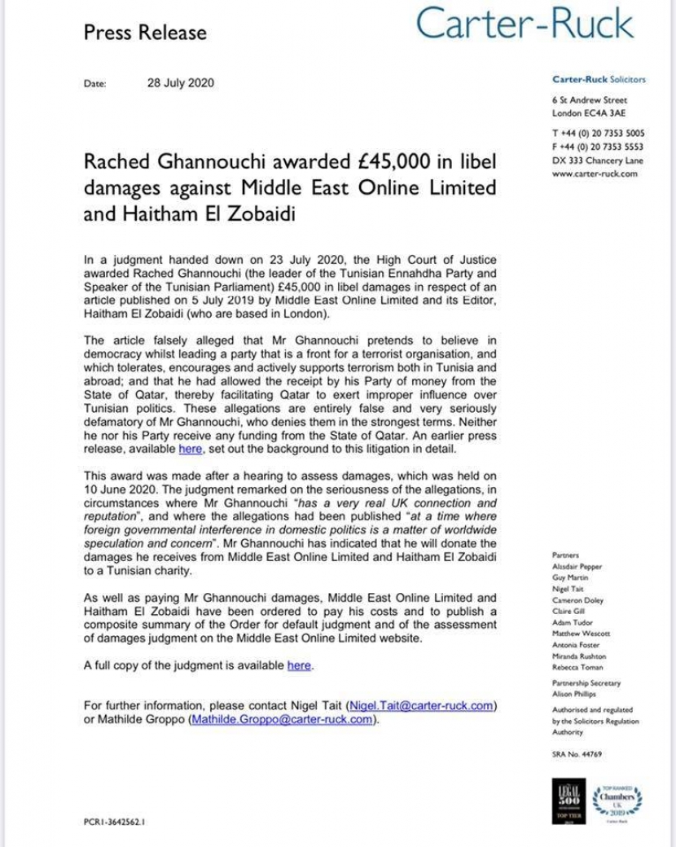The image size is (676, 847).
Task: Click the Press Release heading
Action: click(x=146, y=33)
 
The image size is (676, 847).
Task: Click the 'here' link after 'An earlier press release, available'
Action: click(x=189, y=449)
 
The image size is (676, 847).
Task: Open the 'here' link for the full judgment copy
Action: click(x=299, y=665)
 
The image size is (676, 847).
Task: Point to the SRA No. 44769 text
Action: click(x=576, y=755)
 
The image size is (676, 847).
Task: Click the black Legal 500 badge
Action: click(x=566, y=802)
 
